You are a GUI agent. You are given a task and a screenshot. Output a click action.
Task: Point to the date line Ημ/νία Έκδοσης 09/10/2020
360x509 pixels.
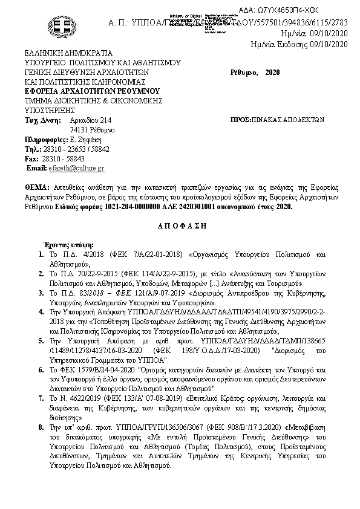tap(299, 44)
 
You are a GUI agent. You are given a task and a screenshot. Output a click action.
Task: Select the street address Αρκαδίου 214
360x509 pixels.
tap(91, 120)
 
